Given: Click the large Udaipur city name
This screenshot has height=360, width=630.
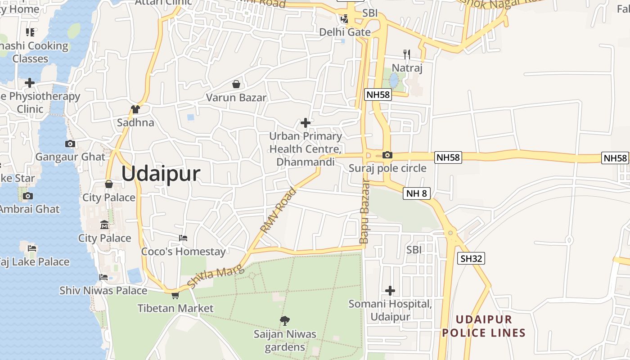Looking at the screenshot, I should tap(161, 174).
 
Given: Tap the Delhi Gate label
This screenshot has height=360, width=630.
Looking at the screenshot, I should tap(345, 32).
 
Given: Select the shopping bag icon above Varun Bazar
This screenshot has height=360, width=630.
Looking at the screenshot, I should tap(236, 84).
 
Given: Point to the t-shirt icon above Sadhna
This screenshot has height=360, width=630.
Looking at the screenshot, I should tap(135, 109).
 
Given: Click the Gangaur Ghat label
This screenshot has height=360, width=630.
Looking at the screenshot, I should tap(70, 157).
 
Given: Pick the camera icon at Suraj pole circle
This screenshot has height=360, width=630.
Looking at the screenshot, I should tap(387, 155).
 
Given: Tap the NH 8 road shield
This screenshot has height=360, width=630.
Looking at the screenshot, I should tap(417, 193).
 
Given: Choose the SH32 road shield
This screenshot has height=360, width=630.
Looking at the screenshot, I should tap(471, 258).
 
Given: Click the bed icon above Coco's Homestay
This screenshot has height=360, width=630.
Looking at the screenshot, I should tap(183, 238).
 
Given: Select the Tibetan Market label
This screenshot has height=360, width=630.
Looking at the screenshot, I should tap(175, 308).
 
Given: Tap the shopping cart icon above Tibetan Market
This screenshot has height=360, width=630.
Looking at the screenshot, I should tap(175, 295).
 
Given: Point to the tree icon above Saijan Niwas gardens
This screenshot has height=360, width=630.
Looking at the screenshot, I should tap(284, 321).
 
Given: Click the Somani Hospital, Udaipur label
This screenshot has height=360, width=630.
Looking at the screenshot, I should tap(390, 310).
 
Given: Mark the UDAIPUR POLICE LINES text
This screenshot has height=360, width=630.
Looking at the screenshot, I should tap(484, 326).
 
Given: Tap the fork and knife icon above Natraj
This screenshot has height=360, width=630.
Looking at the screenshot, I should tap(407, 54).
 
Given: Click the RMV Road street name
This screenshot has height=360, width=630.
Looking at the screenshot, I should tap(279, 210).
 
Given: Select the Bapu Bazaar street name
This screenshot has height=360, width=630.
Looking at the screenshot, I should tap(364, 211).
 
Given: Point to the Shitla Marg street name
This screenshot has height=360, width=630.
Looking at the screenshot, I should tap(216, 276).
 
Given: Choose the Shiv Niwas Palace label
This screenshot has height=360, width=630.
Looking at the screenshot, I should tap(103, 291).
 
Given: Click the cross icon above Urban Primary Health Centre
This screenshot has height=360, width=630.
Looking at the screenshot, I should tap(306, 122).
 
